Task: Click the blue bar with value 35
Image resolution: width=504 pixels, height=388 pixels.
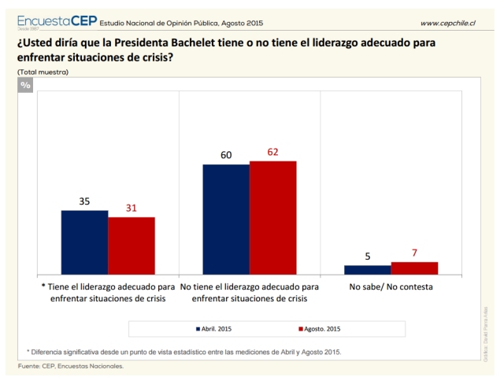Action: tap(84, 242)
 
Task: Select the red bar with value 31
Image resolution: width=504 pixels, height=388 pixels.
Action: tap(132, 246)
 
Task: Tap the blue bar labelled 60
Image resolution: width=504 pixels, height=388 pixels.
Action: tap(226, 219)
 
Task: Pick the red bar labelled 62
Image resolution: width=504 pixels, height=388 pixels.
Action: tap(272, 217)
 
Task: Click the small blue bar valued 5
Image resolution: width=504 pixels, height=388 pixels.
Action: tap(367, 269)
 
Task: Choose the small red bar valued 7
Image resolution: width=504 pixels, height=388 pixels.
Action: tap(414, 268)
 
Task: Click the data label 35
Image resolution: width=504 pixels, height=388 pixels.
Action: tap(84, 201)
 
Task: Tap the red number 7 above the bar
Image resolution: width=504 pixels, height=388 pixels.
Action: tap(414, 253)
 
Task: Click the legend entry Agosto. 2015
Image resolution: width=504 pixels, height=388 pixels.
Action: tap(318, 328)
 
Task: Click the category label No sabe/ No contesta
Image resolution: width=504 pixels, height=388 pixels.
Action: tap(391, 287)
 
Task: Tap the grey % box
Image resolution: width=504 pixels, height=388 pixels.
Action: tap(25, 84)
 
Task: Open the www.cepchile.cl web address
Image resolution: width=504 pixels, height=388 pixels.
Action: tap(447, 24)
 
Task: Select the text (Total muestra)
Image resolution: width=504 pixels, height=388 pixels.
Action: tap(43, 72)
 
